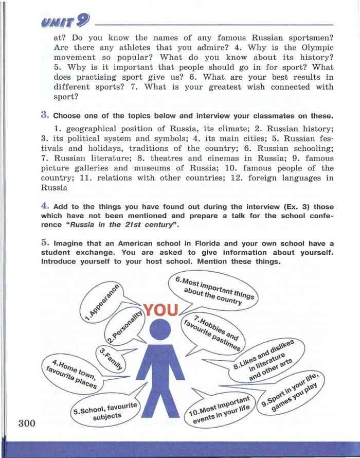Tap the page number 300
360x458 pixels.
click(x=26, y=424)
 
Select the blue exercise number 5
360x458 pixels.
click(x=45, y=242)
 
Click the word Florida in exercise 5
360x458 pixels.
click(x=206, y=243)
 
